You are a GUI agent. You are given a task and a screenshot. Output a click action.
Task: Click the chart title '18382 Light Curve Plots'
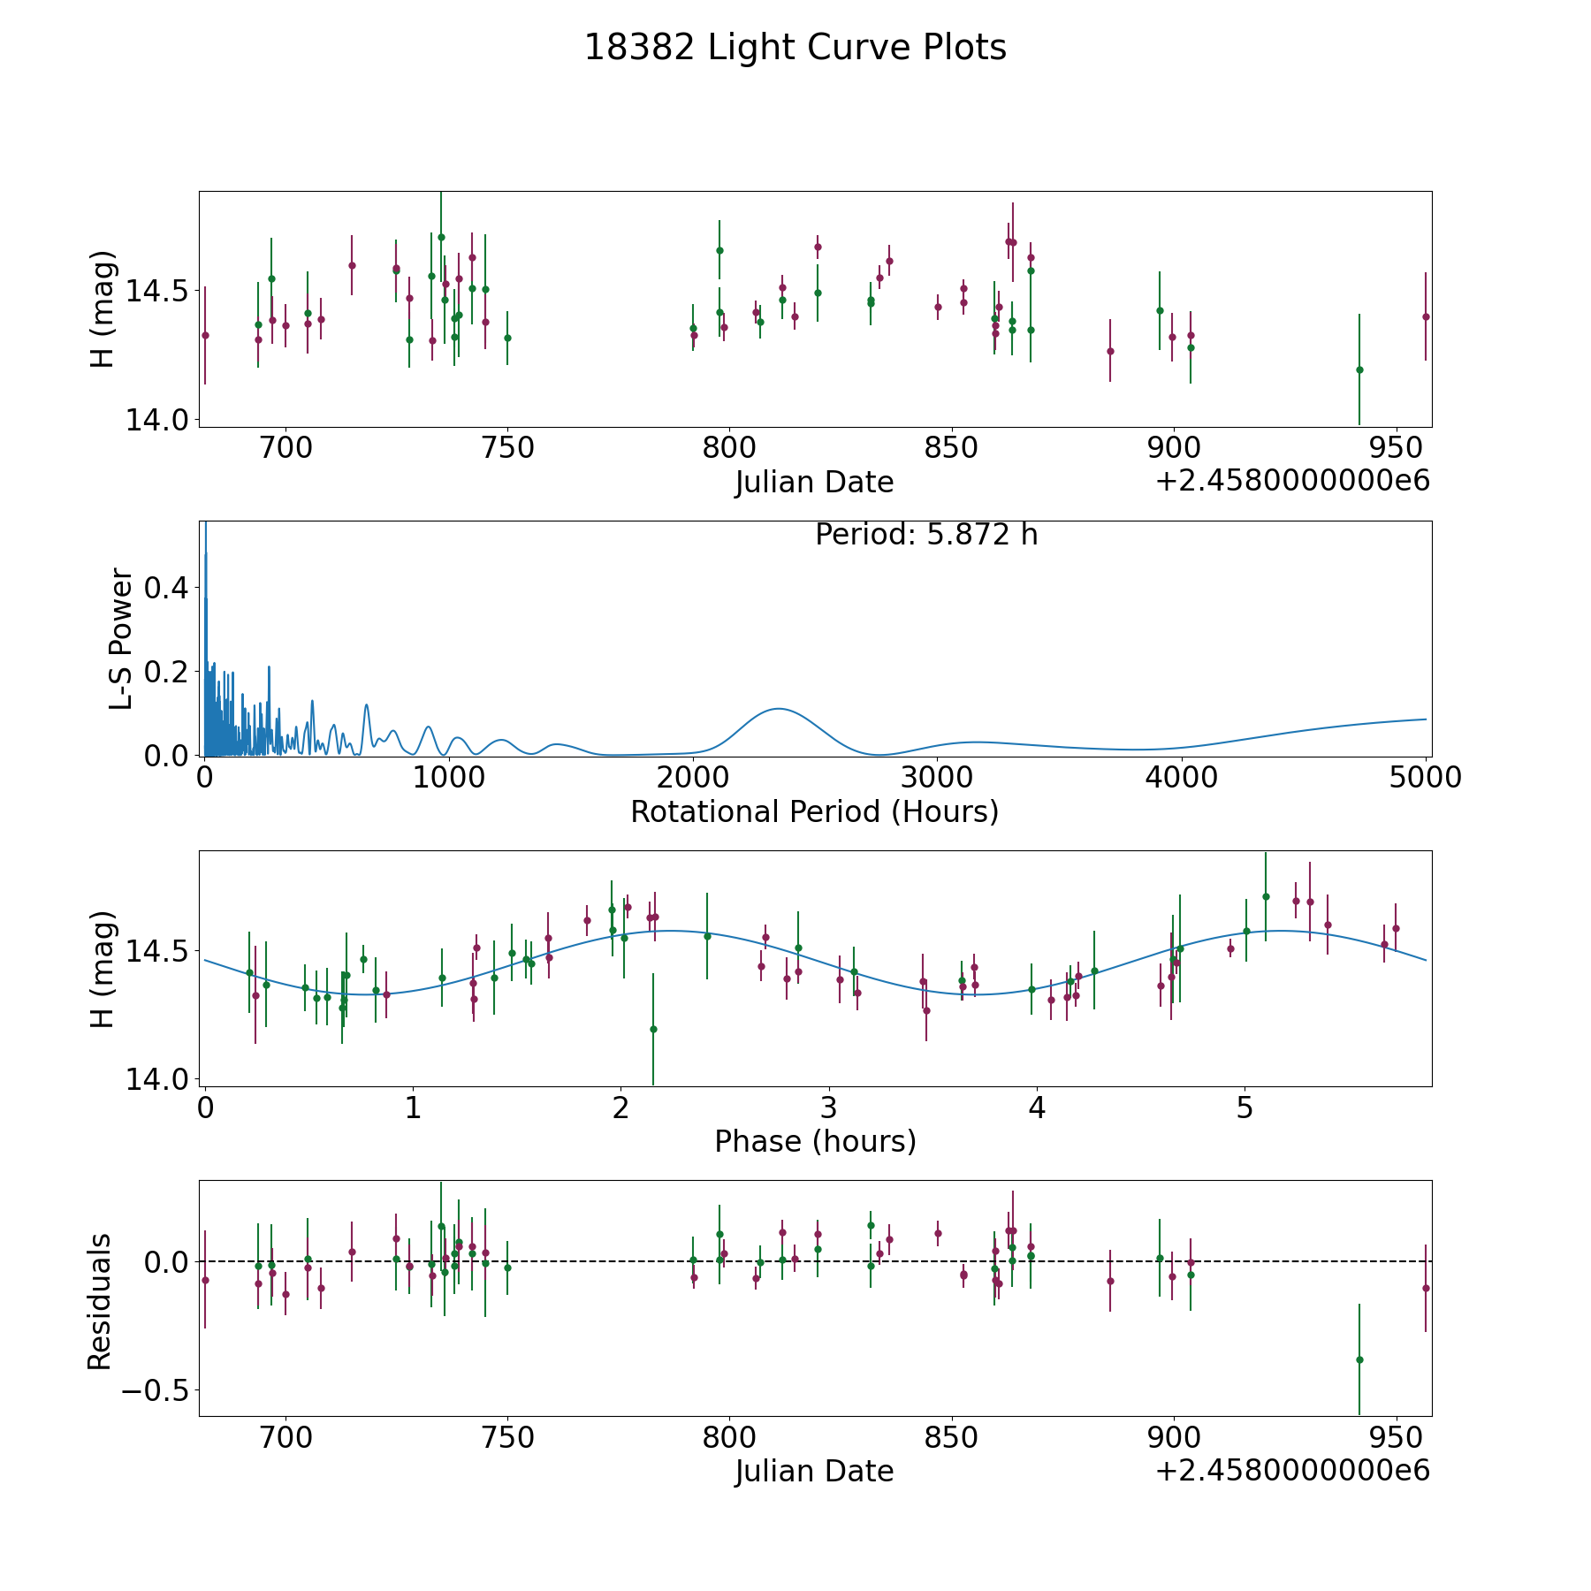(x=795, y=48)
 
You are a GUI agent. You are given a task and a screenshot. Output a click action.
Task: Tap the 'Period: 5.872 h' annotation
(x=925, y=535)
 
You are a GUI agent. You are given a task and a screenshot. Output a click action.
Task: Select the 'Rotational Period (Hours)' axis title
(x=814, y=811)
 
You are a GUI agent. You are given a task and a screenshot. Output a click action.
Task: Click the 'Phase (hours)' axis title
(x=814, y=1141)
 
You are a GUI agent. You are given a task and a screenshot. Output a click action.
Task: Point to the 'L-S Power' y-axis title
(x=121, y=638)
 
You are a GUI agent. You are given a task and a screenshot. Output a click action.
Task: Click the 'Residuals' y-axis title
(x=100, y=1302)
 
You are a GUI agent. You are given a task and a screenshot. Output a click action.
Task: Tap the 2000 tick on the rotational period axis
(x=692, y=777)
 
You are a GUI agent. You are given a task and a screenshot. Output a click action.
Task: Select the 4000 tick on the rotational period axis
(x=1181, y=777)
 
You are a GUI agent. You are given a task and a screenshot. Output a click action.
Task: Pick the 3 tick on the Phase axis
(x=829, y=1108)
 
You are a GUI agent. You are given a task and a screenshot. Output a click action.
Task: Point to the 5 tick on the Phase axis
(x=1245, y=1108)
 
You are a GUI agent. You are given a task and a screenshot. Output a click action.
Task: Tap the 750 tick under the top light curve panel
(x=507, y=448)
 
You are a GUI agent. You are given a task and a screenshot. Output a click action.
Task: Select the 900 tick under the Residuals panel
(x=1173, y=1437)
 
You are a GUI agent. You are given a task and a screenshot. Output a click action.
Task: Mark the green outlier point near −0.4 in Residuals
(x=1359, y=1359)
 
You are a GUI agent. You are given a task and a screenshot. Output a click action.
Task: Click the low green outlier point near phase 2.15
(x=653, y=1029)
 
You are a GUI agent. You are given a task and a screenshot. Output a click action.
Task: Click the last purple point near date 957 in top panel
(x=1426, y=316)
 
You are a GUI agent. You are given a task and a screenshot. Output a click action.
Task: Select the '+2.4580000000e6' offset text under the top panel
(x=1292, y=481)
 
